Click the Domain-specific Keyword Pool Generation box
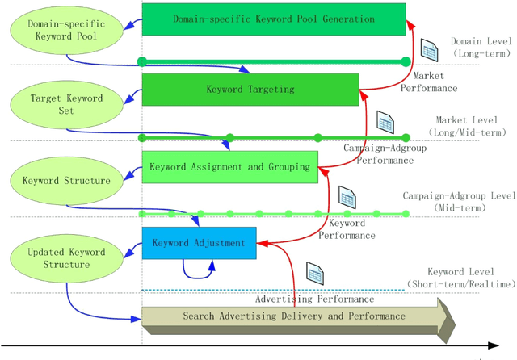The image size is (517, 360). [274, 19]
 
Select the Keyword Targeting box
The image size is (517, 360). [250, 90]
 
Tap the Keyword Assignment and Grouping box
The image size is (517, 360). [229, 167]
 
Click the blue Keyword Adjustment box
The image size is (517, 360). [199, 242]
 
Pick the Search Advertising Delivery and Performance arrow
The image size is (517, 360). [295, 316]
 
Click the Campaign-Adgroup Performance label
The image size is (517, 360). [378, 154]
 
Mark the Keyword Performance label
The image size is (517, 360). [347, 229]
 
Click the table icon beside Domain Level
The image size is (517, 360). [429, 50]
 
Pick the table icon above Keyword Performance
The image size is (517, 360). [347, 196]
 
